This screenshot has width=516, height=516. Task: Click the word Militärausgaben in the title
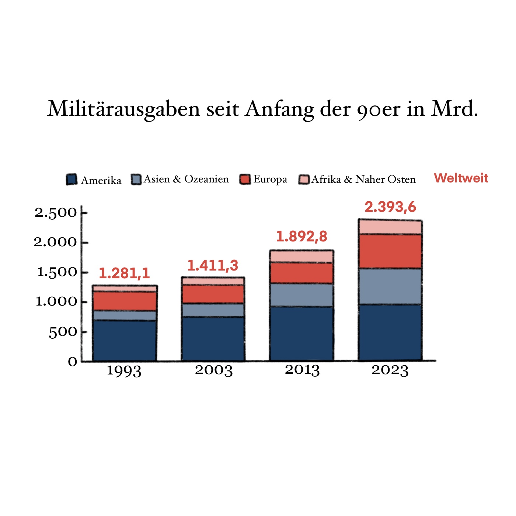coord(123,109)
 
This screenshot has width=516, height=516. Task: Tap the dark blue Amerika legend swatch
coord(72,179)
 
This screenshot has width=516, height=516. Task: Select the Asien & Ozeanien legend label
coord(186,179)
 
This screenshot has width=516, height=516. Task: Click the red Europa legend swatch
coord(245,179)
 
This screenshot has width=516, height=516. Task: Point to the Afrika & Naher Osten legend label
coord(363,179)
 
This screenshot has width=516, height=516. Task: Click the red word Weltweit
coord(461,178)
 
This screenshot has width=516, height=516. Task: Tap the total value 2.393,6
coord(390,207)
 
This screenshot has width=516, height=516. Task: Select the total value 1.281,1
coord(124,273)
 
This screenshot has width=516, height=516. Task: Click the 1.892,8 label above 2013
coord(301,237)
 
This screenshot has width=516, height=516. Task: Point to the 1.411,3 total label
coord(213,266)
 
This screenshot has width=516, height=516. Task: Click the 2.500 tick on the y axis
coord(56,213)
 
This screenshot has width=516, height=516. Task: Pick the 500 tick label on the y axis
coord(63,332)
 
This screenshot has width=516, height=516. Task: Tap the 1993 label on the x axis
coord(124,370)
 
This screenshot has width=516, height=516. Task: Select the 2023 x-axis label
coord(390,370)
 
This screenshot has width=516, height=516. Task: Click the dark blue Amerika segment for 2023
coord(390,332)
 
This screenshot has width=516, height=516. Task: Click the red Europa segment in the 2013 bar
coord(301,273)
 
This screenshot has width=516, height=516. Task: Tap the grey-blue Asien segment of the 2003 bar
coord(213,310)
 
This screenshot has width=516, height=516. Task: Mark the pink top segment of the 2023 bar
coord(390,227)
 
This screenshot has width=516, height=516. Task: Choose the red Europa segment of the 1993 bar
coord(124,301)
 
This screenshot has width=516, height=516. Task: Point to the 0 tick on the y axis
coord(73,362)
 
